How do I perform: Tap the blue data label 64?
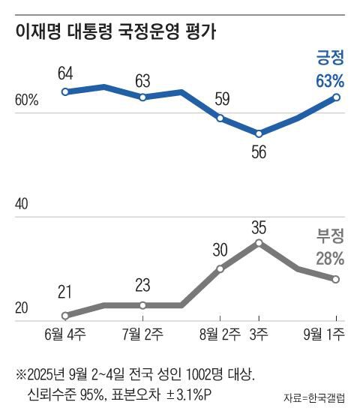[66, 73]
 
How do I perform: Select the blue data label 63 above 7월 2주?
[142, 80]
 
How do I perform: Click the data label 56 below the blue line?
[259, 152]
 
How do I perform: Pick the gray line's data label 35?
[259, 224]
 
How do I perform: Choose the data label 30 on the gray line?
[220, 250]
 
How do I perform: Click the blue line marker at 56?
[259, 133]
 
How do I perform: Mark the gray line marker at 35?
[259, 242]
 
